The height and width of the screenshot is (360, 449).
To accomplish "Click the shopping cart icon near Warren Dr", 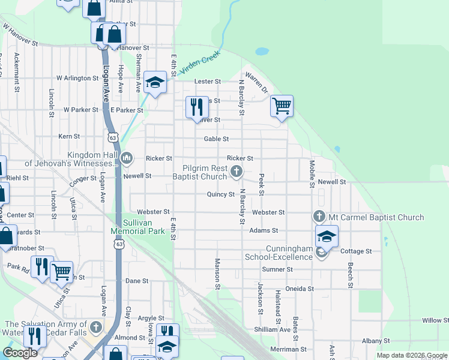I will tap(282, 106).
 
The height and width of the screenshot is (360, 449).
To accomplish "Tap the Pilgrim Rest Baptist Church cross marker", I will tap(237, 172).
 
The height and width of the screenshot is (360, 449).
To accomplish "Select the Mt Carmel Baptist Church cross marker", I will tap(319, 216).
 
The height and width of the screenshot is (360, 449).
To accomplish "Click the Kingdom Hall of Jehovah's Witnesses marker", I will tap(127, 158).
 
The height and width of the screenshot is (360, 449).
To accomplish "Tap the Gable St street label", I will tap(216, 139).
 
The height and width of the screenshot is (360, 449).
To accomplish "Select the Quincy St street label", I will tap(220, 194).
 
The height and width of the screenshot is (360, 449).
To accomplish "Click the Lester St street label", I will tap(207, 82).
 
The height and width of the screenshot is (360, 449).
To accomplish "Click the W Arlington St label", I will tap(77, 78).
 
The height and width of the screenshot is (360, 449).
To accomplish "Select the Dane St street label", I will tap(137, 281).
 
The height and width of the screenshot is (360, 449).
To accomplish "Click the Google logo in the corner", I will tap(20, 353).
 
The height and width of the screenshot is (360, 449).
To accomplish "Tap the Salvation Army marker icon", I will tap(96, 328).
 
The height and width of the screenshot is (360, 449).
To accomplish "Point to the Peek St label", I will tap(261, 185).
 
